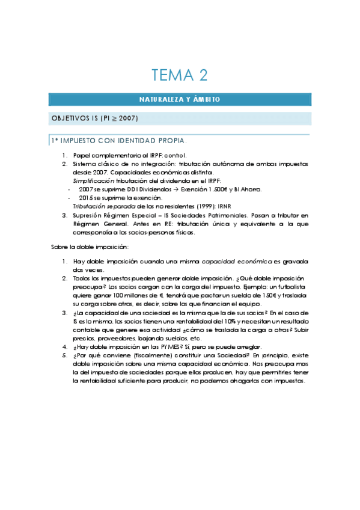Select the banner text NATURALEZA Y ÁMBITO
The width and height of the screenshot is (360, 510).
(180, 99)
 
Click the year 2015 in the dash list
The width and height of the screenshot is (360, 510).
(86, 197)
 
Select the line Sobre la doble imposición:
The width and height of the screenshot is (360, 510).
(90, 247)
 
